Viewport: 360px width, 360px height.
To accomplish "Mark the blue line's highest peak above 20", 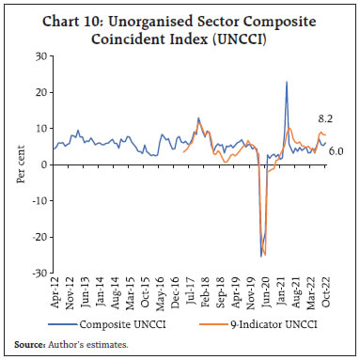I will click(286, 82).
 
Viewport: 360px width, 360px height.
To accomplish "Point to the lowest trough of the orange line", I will click(266, 254).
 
